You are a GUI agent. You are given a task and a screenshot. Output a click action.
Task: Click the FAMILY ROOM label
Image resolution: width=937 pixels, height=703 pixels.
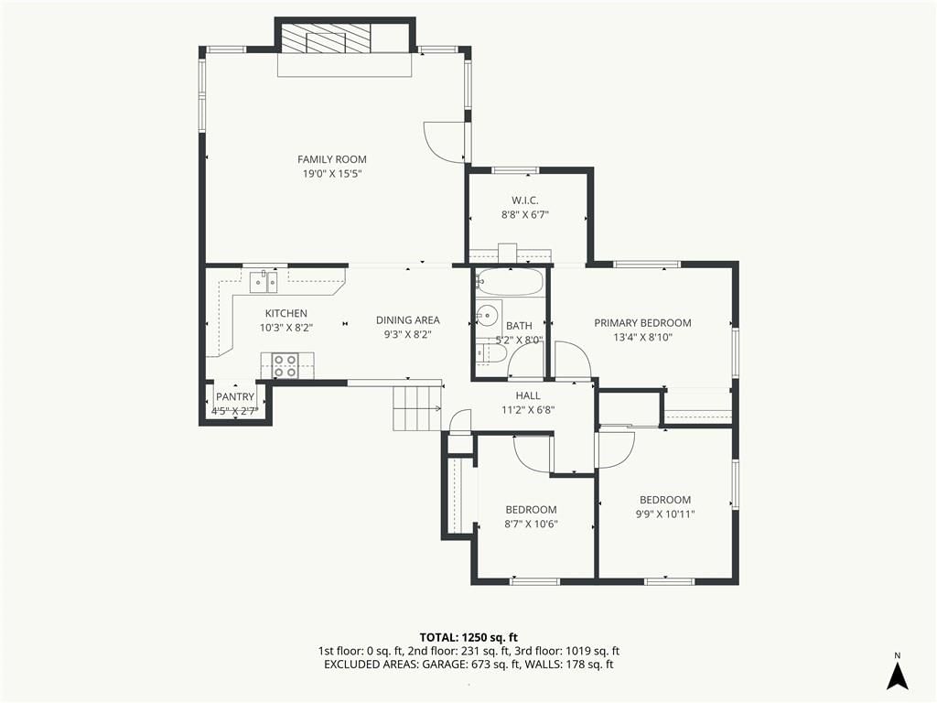331,159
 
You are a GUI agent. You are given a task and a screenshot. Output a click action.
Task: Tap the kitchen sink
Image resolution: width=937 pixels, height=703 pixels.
264,282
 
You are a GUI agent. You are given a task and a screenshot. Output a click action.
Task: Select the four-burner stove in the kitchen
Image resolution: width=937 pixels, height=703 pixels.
285,365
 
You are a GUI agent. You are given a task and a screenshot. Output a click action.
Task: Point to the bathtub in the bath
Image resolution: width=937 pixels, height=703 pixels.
511,282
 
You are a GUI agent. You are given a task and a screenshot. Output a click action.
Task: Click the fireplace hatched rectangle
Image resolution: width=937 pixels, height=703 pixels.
326,39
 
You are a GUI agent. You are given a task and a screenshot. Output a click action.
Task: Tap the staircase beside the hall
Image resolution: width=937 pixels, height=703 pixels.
417,408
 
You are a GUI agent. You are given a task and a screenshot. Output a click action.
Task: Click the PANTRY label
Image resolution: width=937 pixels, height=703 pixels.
235,397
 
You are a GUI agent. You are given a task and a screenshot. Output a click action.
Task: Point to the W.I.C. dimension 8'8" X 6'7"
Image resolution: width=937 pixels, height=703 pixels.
524,215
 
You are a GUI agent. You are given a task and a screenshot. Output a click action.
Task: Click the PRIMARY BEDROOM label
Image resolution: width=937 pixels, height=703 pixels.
642,323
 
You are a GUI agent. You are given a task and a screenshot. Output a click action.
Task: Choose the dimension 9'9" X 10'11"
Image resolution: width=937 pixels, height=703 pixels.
665,514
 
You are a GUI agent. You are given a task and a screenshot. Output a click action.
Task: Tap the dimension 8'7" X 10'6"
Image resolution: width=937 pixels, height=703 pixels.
532,525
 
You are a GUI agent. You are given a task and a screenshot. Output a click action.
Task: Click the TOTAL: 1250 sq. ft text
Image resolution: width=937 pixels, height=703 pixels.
468,637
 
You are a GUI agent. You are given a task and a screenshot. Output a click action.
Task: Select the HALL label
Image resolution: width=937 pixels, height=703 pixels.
528,395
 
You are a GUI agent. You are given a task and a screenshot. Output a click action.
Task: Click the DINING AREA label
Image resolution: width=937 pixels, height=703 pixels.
407,320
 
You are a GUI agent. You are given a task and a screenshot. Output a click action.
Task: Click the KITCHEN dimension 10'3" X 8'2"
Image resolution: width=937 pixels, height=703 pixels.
286,328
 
